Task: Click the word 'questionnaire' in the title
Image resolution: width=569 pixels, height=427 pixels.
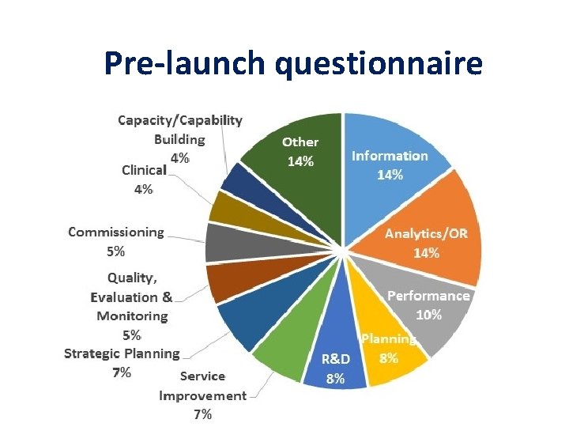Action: click(x=379, y=63)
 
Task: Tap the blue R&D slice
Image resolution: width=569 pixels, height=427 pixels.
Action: click(x=336, y=348)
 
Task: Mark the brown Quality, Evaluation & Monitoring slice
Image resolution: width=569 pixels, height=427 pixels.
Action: click(x=229, y=282)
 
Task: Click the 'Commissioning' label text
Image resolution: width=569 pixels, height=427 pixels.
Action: click(x=116, y=232)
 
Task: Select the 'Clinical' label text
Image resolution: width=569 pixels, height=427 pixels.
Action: click(x=144, y=170)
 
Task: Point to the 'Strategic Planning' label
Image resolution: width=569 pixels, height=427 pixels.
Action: click(x=122, y=353)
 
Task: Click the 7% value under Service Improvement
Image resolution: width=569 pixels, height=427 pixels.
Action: click(x=202, y=414)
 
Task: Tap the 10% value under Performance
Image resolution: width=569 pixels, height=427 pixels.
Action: click(x=429, y=314)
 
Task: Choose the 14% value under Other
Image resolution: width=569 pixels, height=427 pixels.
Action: click(x=300, y=161)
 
